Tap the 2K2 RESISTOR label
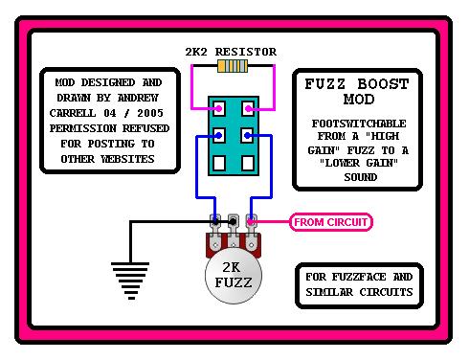(231, 51)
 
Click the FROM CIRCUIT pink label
(329, 222)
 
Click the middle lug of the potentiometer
(232, 222)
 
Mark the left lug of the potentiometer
(212, 223)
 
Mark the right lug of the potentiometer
(251, 223)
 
